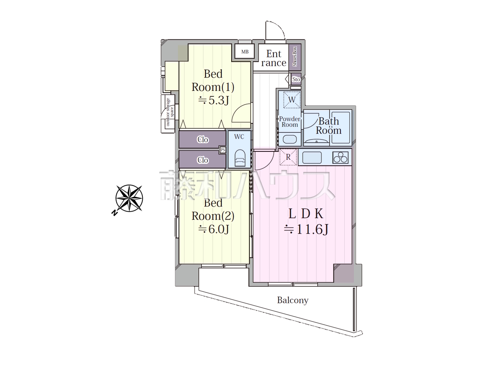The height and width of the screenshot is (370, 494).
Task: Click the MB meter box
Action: click(245, 51)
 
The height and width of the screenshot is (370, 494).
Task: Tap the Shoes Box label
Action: click(295, 57)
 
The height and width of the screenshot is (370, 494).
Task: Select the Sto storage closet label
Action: click(296, 79)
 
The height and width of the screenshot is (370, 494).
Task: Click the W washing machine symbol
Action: click(292, 99)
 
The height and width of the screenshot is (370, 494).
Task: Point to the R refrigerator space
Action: click(288, 157)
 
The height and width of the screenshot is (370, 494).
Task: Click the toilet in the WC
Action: click(239, 158)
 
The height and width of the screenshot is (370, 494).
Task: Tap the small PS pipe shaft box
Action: click(223, 150)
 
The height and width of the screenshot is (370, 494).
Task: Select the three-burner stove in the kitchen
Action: click(340, 157)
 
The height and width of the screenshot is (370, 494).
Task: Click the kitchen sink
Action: click(312, 158)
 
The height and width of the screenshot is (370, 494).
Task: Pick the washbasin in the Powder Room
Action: click(289, 139)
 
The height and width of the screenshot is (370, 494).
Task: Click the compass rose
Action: click(129, 198)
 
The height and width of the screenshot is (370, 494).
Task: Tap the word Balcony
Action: click(293, 300)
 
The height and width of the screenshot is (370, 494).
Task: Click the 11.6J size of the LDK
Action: click(306, 229)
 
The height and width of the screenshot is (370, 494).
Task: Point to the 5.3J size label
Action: click(213, 100)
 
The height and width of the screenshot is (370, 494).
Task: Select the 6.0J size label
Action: click(213, 229)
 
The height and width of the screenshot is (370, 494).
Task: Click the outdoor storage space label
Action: click(170, 112)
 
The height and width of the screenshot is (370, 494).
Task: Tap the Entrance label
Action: click(274, 58)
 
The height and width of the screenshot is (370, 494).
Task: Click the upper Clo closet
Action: click(202, 140)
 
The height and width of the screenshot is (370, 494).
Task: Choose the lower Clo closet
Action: click(202, 160)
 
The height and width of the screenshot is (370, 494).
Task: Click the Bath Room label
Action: click(328, 126)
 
